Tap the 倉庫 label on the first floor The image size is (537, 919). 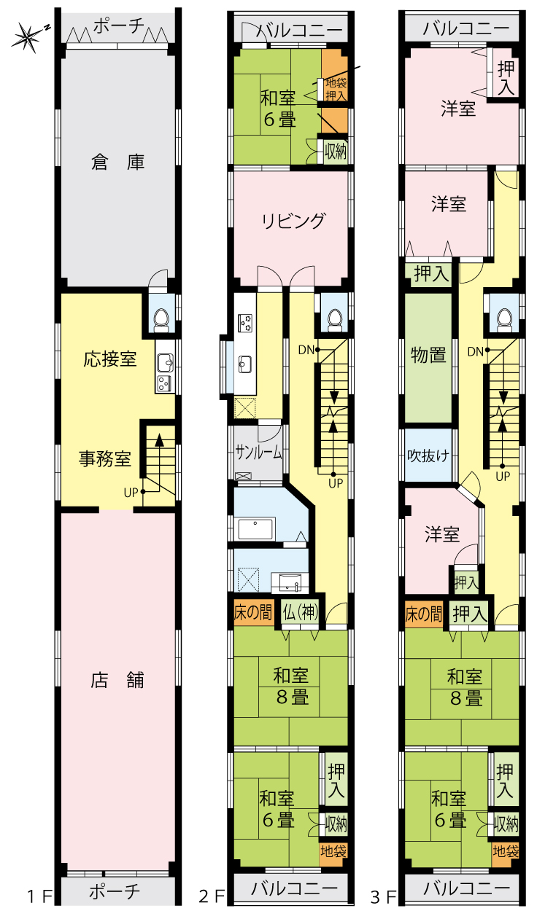118,163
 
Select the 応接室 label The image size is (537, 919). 109,359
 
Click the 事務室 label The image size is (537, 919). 105,458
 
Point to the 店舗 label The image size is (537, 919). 117,680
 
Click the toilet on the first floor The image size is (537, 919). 161,321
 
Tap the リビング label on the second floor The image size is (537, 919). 294,221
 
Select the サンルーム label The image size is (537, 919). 258,452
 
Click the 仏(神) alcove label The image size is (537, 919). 301,612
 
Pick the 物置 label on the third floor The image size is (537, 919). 428,354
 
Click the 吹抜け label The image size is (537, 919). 428,455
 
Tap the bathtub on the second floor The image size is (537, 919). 256,529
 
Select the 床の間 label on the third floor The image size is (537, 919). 424,614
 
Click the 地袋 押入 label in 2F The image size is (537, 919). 336,89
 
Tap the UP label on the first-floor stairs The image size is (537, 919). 131,493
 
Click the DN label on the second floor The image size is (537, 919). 306,350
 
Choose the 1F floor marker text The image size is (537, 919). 40,896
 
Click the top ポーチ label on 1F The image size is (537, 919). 119,27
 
